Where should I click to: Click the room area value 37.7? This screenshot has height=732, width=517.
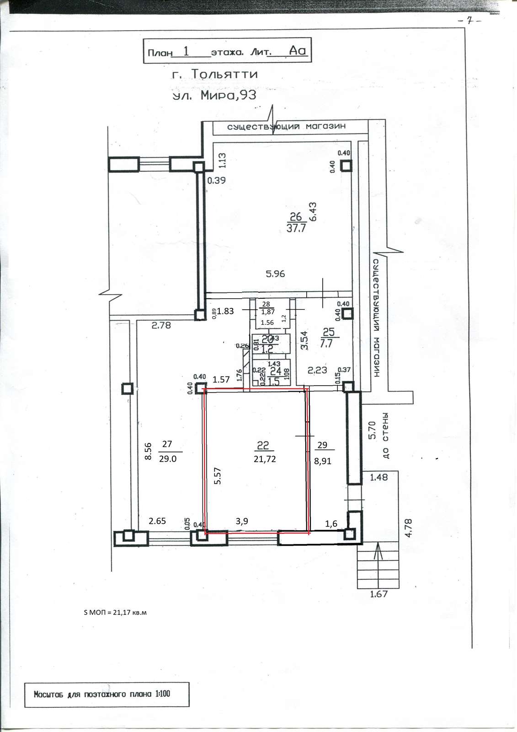295,229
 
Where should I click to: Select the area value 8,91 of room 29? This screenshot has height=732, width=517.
322,461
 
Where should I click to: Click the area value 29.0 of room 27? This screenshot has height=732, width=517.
168,458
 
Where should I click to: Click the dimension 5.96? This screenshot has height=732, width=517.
275,274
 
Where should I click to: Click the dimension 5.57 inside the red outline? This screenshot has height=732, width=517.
218,476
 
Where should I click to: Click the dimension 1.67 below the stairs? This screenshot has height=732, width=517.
378,594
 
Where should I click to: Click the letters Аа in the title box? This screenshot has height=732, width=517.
298,51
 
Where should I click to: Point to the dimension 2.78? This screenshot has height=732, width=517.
161,326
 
